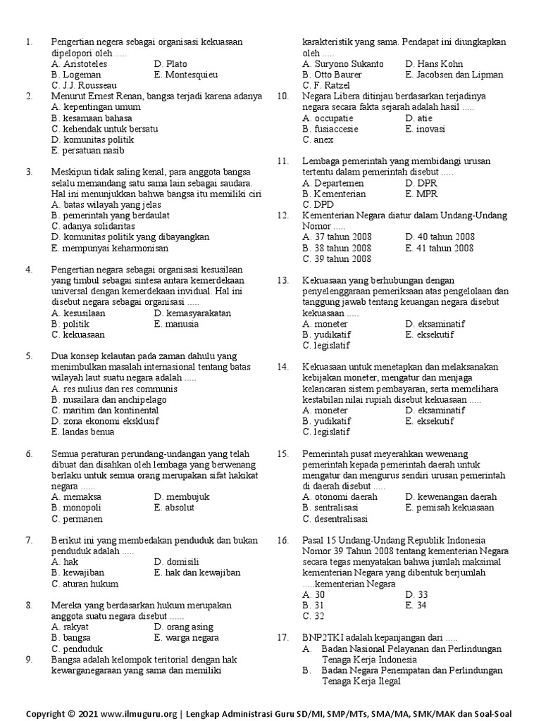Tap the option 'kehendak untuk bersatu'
coord(105,129)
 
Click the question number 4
coord(29,270)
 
